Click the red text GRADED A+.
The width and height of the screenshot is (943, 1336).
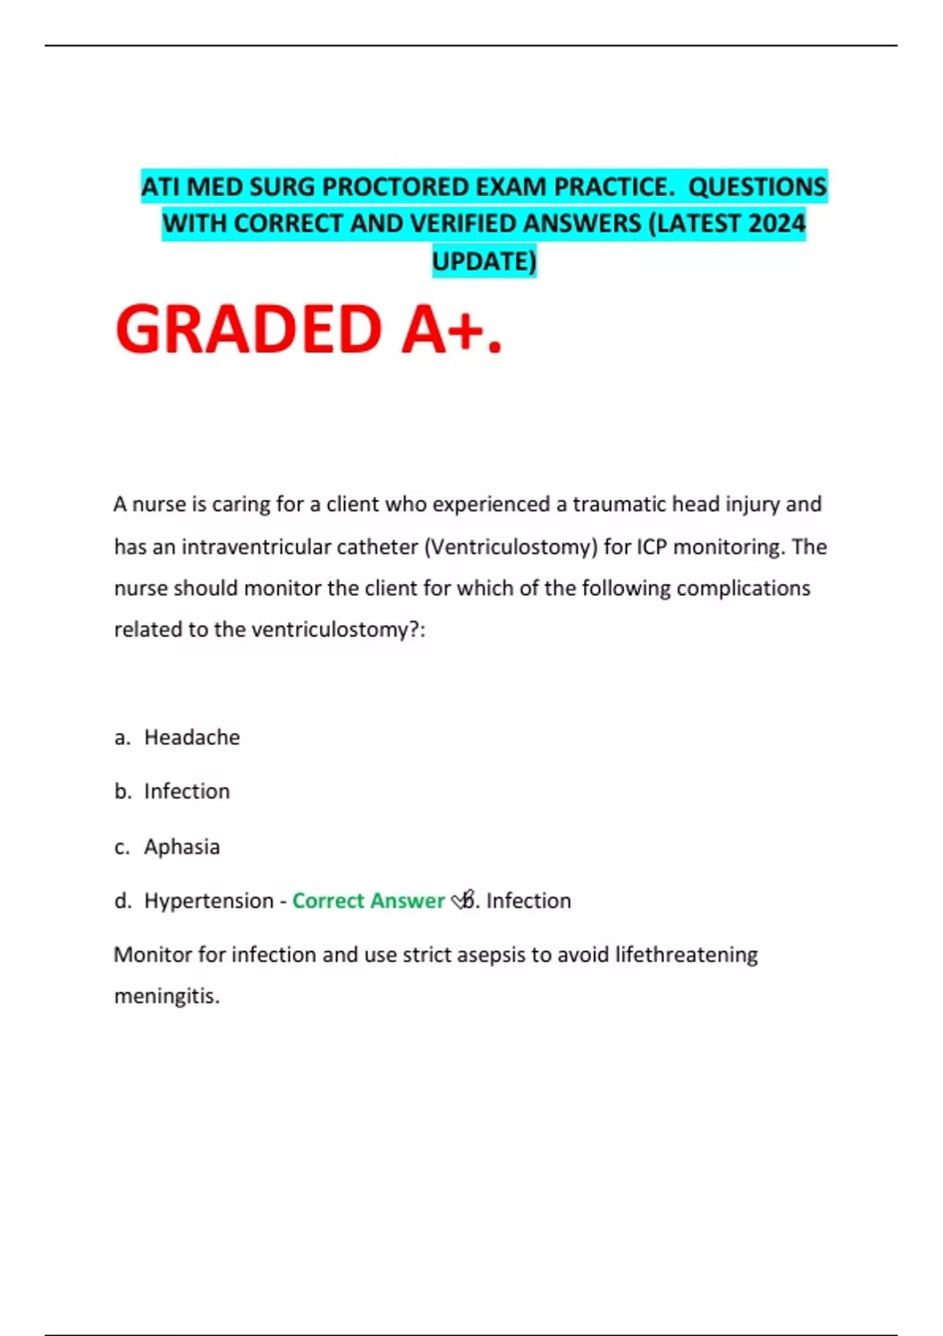308,330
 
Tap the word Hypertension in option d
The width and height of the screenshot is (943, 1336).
208,901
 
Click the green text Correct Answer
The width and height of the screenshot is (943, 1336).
368,901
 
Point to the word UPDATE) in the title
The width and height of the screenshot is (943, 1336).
484,261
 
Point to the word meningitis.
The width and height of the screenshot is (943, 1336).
167,996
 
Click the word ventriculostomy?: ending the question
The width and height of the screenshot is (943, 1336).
338,629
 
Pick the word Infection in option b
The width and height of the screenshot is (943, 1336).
186,791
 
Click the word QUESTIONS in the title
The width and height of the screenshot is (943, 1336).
757,187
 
